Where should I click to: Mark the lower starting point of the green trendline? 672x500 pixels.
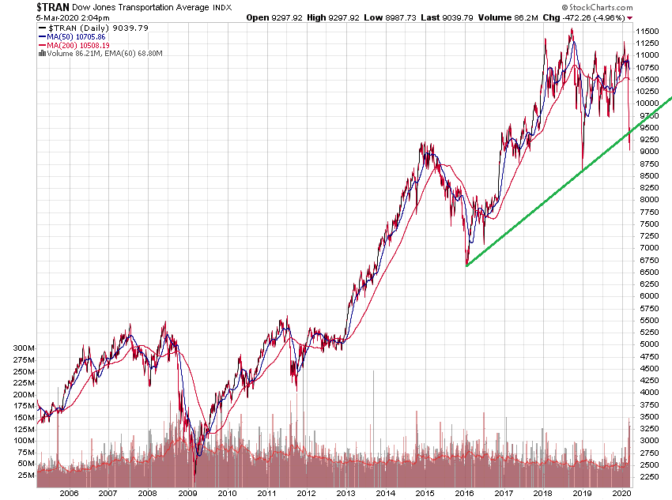click(x=467, y=265)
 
